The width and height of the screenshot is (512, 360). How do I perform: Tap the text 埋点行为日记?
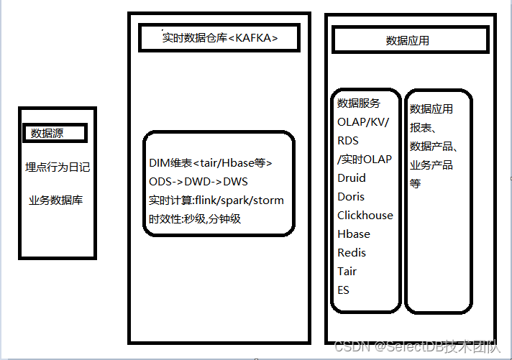tap(58, 167)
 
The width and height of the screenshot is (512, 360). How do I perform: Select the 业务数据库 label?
tap(56, 200)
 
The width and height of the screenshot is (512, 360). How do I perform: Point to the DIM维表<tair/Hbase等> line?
tap(211, 163)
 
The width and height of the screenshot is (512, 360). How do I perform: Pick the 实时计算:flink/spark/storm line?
tap(216, 200)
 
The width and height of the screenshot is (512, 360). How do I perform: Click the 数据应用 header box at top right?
tap(408, 40)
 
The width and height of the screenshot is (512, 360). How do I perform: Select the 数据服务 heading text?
tap(359, 103)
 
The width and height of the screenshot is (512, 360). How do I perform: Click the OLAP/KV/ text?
tap(363, 122)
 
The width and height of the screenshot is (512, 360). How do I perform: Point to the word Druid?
tap(352, 178)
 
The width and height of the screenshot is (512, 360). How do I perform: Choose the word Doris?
tap(351, 197)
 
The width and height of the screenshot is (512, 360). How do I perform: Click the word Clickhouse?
tap(365, 216)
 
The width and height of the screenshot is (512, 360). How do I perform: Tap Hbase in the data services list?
tap(354, 234)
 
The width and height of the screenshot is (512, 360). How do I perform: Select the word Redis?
tap(352, 253)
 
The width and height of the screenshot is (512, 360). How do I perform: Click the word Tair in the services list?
tap(347, 272)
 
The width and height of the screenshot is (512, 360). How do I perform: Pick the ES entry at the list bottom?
tap(344, 290)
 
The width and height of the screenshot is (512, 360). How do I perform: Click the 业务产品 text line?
tap(431, 165)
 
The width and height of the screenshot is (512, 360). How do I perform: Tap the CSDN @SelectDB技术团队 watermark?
tap(417, 346)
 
